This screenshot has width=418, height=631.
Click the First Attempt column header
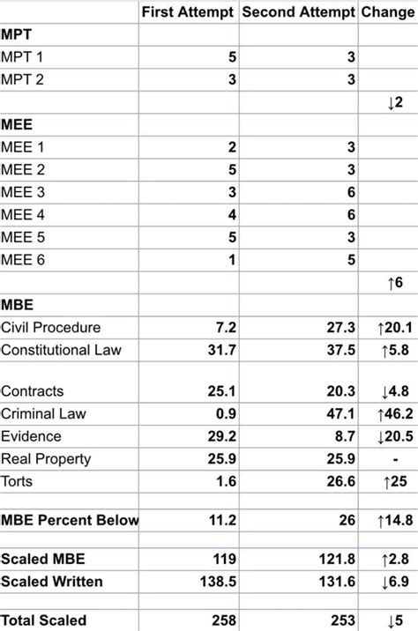[x=188, y=12]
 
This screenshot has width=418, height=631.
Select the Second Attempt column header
[x=297, y=12]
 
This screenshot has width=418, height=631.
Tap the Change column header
[x=387, y=12]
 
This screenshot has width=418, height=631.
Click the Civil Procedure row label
[x=51, y=328]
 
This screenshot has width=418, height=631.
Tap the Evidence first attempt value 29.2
[x=220, y=436]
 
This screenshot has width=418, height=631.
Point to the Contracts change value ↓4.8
[x=391, y=391]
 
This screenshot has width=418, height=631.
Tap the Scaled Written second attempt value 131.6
[x=336, y=581]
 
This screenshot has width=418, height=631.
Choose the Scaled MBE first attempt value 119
[x=225, y=559]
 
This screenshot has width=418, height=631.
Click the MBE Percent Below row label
[x=69, y=520]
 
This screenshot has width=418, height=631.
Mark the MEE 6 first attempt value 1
[x=231, y=260]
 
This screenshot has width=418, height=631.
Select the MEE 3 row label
[x=23, y=192]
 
